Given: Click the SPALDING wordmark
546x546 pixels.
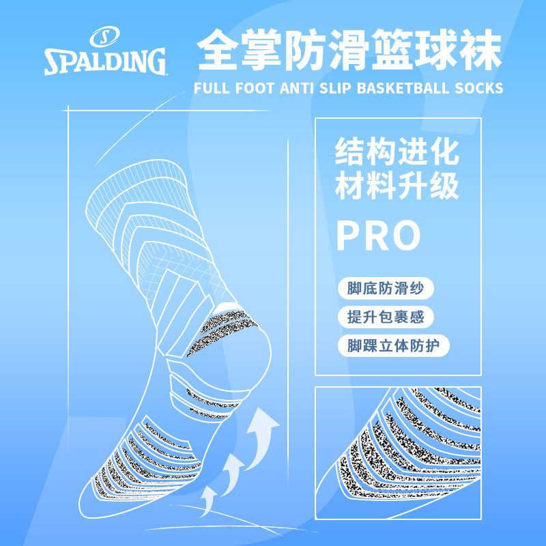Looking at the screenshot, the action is (105, 61).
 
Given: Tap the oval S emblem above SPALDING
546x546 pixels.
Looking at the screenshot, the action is (104, 36).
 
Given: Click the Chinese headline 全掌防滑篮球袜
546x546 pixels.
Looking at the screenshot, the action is (349, 49).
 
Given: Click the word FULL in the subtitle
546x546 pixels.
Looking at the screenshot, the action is (212, 88).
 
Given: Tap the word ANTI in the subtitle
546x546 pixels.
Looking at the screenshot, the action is (296, 88).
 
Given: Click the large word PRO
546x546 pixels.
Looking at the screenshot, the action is (379, 235).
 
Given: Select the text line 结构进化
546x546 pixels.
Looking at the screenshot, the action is (397, 151).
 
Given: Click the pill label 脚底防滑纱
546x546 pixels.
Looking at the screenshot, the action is (386, 288).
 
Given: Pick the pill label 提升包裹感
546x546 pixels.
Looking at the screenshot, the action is (386, 317).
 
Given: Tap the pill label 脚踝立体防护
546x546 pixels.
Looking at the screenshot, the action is (394, 346).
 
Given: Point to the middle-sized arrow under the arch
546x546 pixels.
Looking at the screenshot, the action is (232, 474).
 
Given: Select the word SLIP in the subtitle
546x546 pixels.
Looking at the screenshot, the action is (335, 88).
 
